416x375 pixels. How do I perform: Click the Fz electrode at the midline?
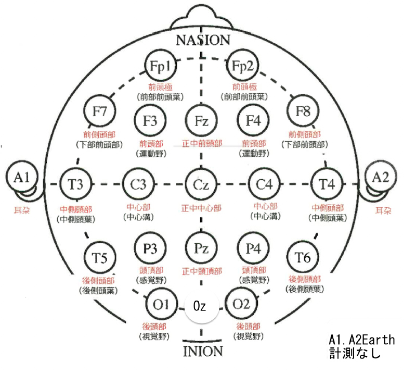[201, 121]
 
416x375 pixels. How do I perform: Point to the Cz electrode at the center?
[201, 185]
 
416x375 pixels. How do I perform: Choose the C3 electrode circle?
[138, 185]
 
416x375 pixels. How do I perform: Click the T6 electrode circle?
[303, 257]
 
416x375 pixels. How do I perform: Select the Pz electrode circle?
[201, 249]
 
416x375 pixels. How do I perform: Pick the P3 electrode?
[150, 248]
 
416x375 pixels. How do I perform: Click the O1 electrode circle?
[159, 303]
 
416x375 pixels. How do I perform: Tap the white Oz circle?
[200, 306]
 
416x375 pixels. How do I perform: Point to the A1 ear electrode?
[21, 178]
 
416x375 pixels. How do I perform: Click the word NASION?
[202, 40]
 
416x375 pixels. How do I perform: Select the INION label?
[203, 351]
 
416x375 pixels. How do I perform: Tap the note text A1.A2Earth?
[361, 340]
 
